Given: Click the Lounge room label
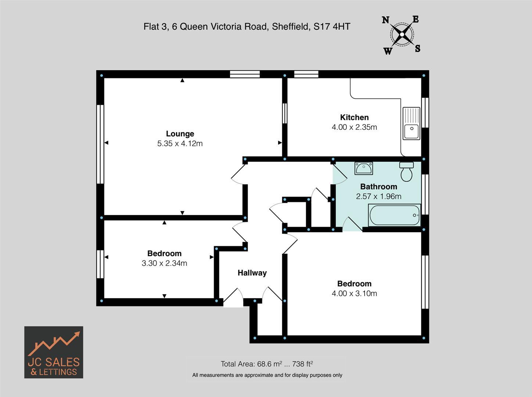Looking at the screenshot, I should [180, 134].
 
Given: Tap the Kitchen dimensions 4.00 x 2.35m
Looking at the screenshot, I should [354, 127].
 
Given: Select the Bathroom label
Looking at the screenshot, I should [378, 186].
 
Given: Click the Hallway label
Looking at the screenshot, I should [252, 273].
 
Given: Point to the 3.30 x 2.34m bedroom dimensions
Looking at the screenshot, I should [164, 263].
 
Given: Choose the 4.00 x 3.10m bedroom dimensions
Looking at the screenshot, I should [354, 293].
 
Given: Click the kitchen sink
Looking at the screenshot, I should [411, 124].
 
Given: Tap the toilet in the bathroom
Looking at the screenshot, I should [406, 172].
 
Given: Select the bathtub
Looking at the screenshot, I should [394, 215].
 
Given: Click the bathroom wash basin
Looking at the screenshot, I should [363, 168].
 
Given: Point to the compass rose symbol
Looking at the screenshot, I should [402, 35].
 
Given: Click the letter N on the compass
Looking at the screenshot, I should [385, 20].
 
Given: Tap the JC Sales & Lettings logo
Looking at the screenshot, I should [54, 352].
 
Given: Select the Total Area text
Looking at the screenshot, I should [267, 364].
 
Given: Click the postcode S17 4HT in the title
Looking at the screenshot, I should [332, 26].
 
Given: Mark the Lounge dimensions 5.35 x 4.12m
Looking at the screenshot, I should [180, 144].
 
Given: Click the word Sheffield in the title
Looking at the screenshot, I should [290, 26].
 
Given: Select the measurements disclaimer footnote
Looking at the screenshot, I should [267, 375].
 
